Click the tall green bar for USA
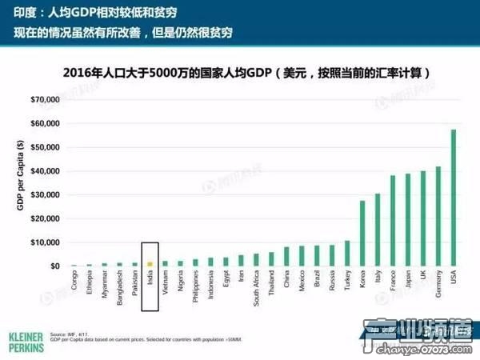(x=454, y=198)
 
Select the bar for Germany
(x=438, y=216)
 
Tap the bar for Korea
(x=362, y=233)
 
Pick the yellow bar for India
(x=150, y=263)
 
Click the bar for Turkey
(x=347, y=253)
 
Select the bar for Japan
(x=408, y=219)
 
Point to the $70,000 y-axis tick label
(x=45, y=100)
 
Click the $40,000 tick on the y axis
(x=45, y=171)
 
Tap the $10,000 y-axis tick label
(x=45, y=242)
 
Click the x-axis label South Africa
(x=256, y=290)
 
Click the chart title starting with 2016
(x=248, y=72)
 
